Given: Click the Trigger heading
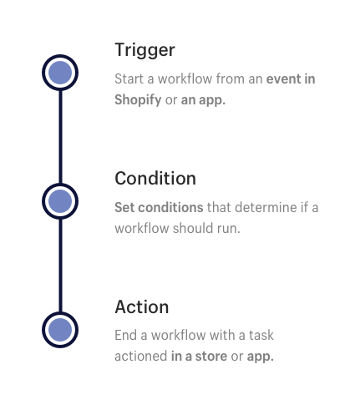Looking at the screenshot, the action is coord(145,50).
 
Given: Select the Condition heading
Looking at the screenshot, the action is coord(155,178).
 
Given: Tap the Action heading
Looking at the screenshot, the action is coord(142,306).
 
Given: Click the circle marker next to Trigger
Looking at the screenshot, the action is coord(60,73).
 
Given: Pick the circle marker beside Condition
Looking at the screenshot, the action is coord(60,201).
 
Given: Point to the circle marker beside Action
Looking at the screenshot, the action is coord(60,330).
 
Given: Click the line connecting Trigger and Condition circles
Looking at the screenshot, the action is coord(60,137).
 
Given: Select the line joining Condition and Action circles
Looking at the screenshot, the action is coord(60,266).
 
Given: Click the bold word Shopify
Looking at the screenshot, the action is coord(138,100).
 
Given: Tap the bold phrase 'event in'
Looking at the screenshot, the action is coord(291,78).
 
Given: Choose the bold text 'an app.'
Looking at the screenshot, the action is coord(203,100).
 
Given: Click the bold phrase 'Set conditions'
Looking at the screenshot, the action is coord(159,207).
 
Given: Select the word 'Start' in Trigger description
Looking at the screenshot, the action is coord(129,78).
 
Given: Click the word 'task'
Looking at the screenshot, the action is coord(261,335).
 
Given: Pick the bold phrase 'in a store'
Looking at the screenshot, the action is coord(199,357).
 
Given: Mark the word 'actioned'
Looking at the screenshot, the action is coord(141,357).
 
